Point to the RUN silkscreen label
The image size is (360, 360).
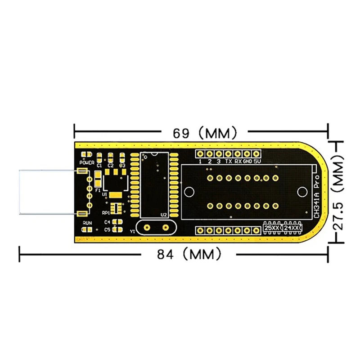tap(87, 223)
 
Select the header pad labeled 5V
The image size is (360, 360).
tap(257, 154)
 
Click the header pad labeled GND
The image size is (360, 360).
tap(247, 154)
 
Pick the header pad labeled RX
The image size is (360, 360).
tap(238, 154)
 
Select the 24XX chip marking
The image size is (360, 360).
tap(291, 228)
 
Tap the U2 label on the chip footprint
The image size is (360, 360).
tap(163, 215)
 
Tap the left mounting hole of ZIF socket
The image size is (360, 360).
tap(190, 191)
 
